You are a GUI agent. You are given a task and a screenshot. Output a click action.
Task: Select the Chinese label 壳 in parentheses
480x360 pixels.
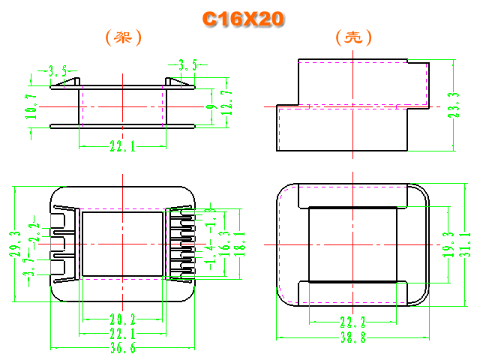point(354,37)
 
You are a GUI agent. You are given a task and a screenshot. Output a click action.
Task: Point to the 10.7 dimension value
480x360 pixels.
point(31,106)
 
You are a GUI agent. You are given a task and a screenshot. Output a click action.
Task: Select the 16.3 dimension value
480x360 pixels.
point(225,242)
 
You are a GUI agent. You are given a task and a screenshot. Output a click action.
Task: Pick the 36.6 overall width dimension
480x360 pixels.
point(122,349)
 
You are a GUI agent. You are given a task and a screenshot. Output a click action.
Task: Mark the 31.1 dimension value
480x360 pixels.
point(466,244)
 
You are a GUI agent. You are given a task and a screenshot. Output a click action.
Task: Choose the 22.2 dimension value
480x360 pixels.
point(352,322)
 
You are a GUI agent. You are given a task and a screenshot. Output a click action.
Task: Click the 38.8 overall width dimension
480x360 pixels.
point(352,339)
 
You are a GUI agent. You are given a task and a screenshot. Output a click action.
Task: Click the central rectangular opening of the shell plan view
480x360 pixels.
point(352,244)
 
